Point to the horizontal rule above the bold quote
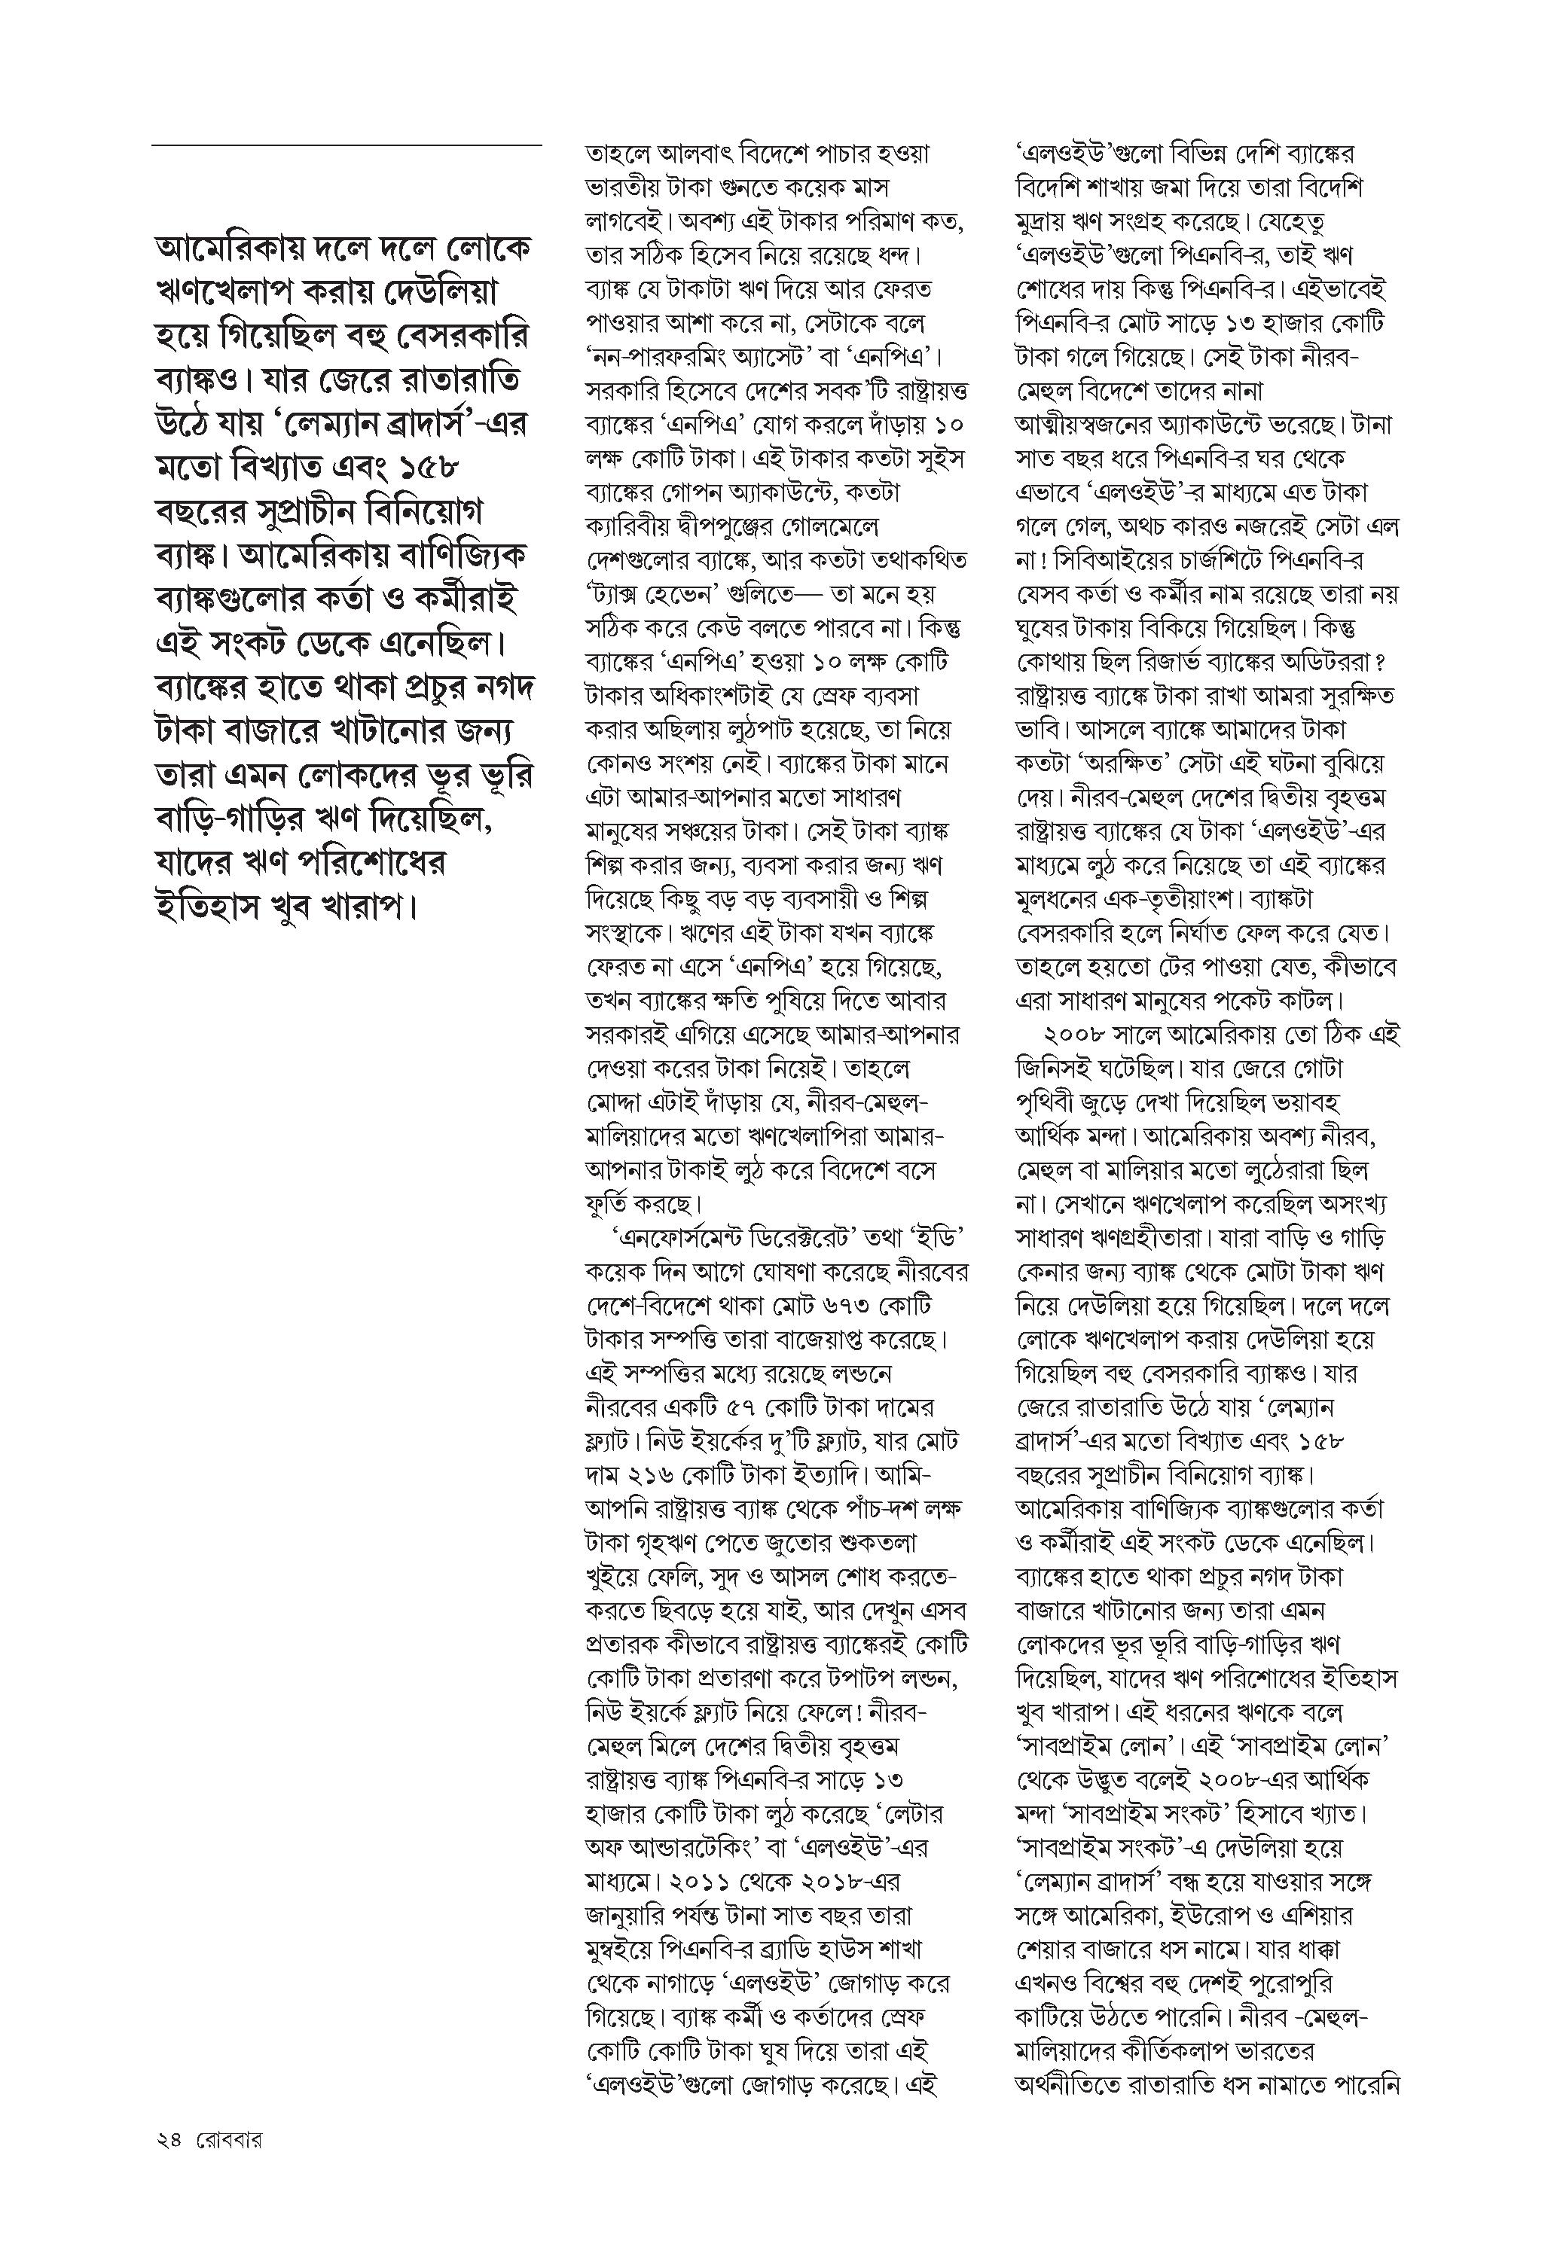(347, 145)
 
